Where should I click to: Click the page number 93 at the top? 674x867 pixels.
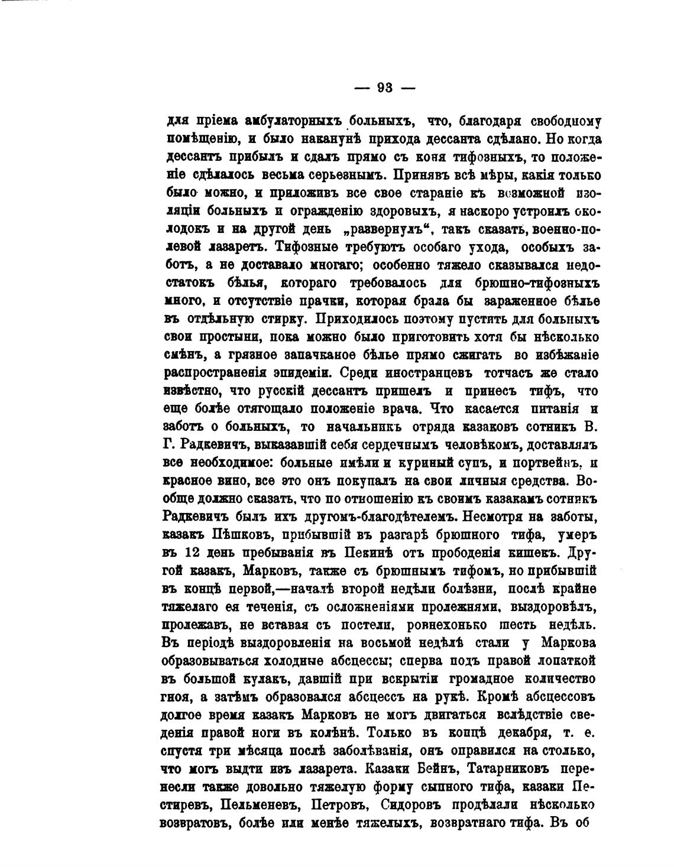point(385,88)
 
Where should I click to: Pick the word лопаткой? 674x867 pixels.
point(565,661)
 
